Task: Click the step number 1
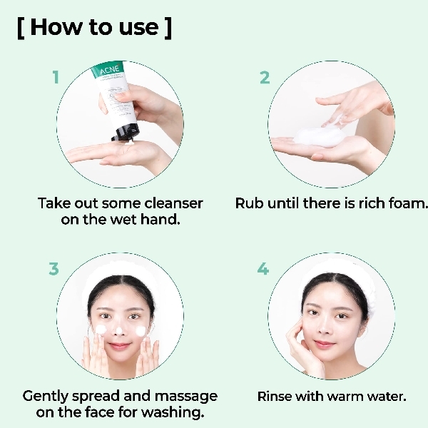point(56,77)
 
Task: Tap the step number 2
point(265,77)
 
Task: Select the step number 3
point(53,269)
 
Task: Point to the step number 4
point(263,269)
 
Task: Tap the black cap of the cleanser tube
point(122,132)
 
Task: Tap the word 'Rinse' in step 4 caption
point(276,396)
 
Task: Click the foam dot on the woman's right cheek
point(101,330)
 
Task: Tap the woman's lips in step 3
point(121,346)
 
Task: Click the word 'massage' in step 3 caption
point(186,396)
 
